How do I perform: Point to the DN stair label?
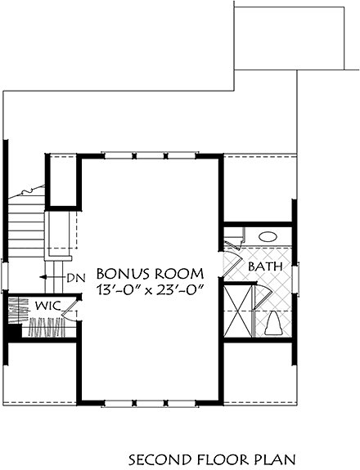click(76, 278)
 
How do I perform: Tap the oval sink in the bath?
click(268, 237)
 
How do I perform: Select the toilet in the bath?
click(272, 325)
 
